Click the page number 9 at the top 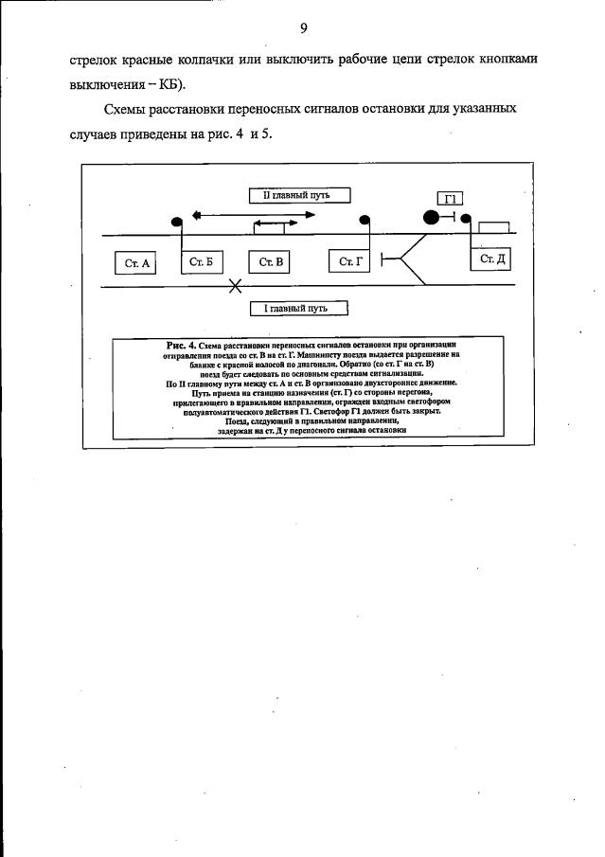303,27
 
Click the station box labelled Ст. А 138,262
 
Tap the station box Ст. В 272,262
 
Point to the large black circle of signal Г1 431,217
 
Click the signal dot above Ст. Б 177,221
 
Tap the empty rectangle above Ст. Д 494,227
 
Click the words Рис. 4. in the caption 180,345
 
